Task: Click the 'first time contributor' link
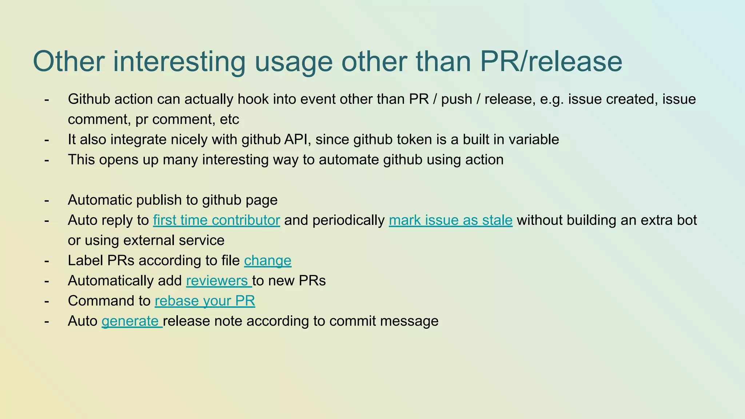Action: click(216, 220)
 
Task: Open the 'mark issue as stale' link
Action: click(450, 220)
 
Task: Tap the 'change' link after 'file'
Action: click(267, 261)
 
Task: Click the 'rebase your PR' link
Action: click(205, 301)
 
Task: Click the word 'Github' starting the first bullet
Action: click(89, 99)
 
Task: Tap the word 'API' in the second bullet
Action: click(297, 140)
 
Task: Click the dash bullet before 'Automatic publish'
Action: click(47, 200)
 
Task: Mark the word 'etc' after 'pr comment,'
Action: click(230, 120)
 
